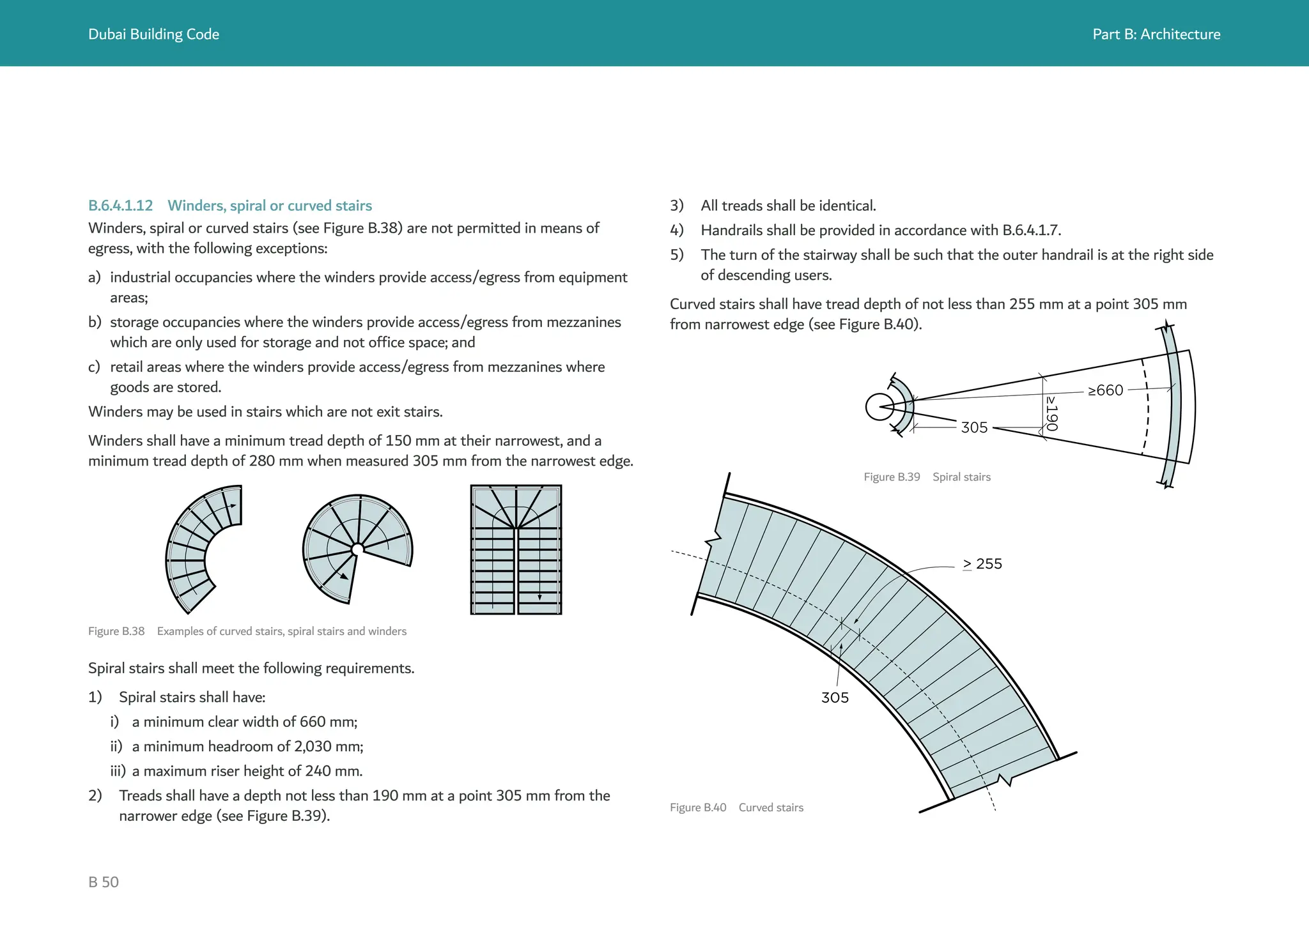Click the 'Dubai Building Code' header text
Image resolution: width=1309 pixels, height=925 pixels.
[x=153, y=34]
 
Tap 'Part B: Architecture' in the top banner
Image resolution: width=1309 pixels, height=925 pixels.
[x=1156, y=34]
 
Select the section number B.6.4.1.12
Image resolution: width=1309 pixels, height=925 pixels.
[x=120, y=206]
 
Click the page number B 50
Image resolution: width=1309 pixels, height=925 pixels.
[x=104, y=882]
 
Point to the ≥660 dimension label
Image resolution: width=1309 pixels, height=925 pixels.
[x=1105, y=390]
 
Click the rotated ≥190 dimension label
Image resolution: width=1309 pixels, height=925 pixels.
[x=1051, y=413]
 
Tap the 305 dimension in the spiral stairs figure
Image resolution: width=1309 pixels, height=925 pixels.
[x=974, y=427]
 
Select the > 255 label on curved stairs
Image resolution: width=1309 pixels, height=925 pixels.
[x=982, y=564]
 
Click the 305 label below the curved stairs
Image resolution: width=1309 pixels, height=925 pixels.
[x=835, y=698]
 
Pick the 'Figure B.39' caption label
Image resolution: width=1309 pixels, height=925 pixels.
[x=892, y=477]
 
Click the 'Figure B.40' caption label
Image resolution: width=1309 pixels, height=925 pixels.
[x=698, y=807]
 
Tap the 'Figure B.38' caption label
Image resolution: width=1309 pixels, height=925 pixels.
[x=116, y=631]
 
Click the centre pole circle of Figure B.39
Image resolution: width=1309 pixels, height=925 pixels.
[x=879, y=407]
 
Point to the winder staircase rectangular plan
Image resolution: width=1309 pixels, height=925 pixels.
[x=516, y=549]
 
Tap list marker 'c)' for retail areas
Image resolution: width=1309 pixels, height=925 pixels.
[x=95, y=367]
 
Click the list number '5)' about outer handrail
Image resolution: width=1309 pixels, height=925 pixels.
[x=677, y=255]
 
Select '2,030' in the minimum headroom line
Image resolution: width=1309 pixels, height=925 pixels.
[x=313, y=746]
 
